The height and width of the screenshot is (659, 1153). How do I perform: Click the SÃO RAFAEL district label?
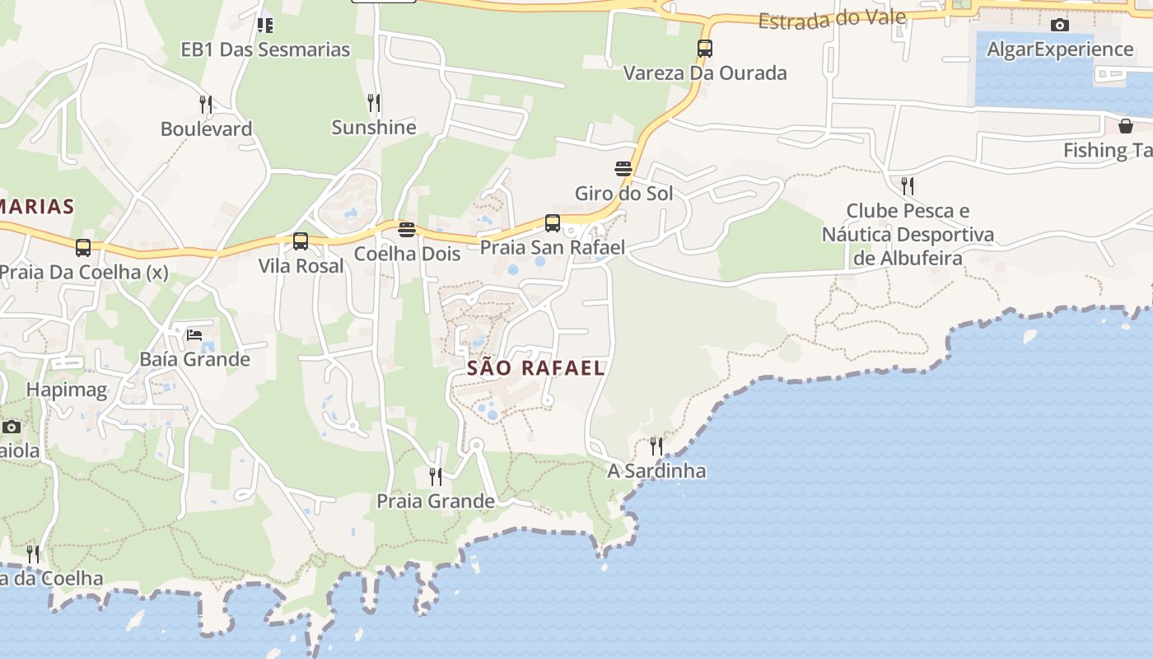click(x=536, y=368)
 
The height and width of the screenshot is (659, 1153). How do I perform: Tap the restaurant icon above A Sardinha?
click(x=656, y=446)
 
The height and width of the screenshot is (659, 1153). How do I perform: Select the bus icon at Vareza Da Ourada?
click(x=705, y=49)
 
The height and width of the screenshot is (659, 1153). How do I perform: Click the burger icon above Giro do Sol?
click(x=623, y=170)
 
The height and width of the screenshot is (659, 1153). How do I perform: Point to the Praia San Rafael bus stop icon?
click(x=553, y=223)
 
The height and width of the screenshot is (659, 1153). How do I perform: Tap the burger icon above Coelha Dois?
click(x=406, y=229)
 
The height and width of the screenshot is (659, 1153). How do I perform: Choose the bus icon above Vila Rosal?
click(x=301, y=241)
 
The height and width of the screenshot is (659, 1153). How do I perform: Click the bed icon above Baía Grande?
click(x=194, y=334)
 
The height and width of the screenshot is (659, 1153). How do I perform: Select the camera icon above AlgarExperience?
click(x=1060, y=26)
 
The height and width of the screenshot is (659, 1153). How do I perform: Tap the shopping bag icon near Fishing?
click(x=1126, y=126)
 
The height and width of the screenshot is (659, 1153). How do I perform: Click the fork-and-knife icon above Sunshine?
click(x=374, y=103)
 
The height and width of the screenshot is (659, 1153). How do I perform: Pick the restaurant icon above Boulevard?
click(x=206, y=105)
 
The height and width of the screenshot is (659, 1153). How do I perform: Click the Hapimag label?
click(x=67, y=390)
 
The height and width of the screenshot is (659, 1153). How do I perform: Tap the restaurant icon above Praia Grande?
click(x=436, y=476)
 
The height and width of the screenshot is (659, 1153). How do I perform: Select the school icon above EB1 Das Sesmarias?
click(x=265, y=26)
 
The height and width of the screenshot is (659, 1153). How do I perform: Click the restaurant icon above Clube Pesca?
click(x=908, y=185)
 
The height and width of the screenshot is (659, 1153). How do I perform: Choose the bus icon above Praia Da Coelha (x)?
click(x=83, y=247)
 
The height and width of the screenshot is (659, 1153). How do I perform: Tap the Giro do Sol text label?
click(x=623, y=194)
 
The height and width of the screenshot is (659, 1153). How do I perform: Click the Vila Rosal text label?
click(x=301, y=266)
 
